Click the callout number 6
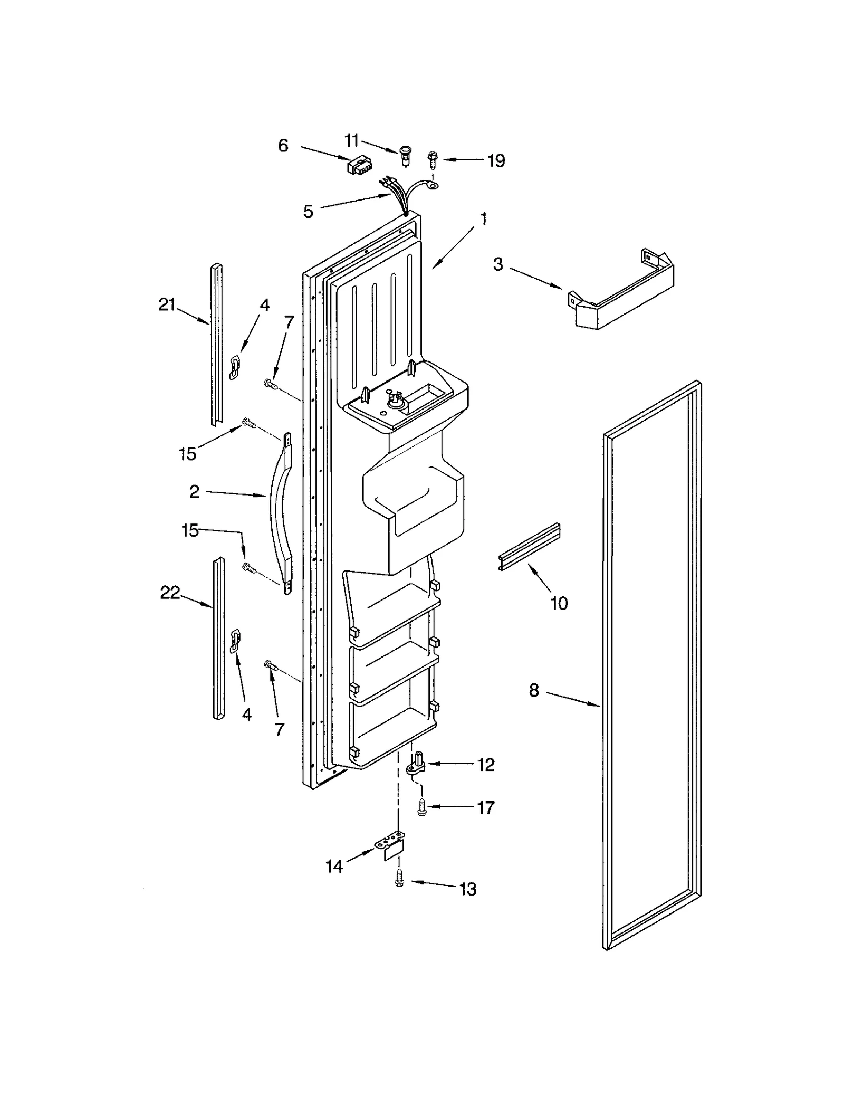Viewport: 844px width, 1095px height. tap(283, 146)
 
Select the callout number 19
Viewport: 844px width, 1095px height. tap(496, 160)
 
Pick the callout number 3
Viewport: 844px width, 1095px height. tap(498, 264)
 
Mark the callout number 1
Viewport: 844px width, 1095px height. tap(483, 218)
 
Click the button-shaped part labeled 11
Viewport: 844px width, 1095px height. tap(406, 155)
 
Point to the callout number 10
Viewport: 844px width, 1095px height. tap(559, 603)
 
